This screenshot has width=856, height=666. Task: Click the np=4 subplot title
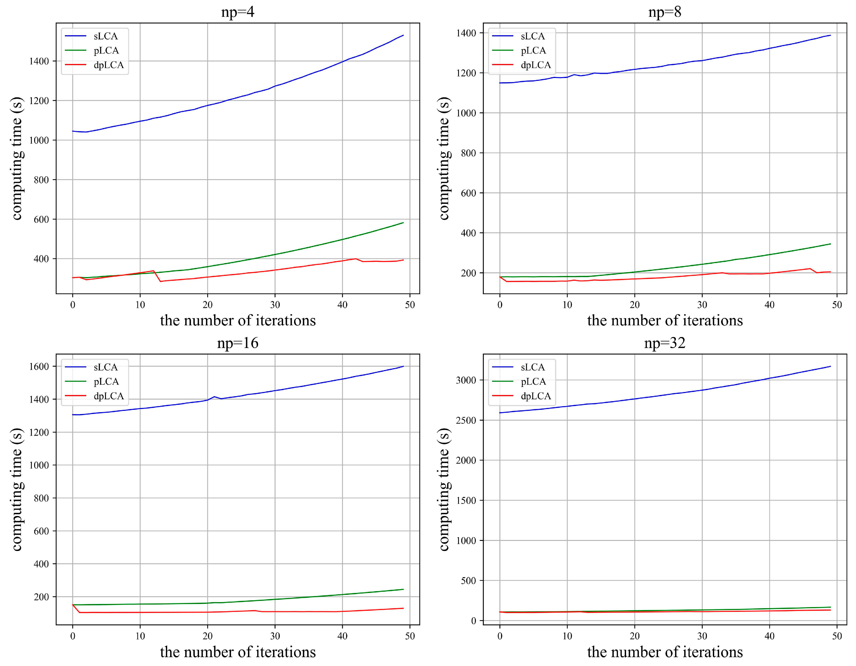(x=238, y=12)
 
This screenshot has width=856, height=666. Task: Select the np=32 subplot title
(x=665, y=343)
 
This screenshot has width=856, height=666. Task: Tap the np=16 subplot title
(x=238, y=343)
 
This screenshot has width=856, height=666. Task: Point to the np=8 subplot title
(x=665, y=12)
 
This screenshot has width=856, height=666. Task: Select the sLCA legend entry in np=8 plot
(x=532, y=36)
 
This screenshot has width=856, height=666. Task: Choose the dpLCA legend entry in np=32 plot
(x=535, y=396)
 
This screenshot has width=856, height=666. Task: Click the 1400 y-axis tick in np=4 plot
(x=39, y=61)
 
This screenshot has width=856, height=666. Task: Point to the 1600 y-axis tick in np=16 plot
(x=39, y=367)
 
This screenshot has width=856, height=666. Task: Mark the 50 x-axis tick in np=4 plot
(x=410, y=305)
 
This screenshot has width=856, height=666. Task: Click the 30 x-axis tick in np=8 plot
(x=702, y=305)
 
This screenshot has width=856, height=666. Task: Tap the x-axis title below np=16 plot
(x=238, y=652)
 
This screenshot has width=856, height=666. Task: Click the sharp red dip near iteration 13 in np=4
(x=160, y=281)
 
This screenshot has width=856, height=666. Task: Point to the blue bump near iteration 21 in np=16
(x=214, y=397)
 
